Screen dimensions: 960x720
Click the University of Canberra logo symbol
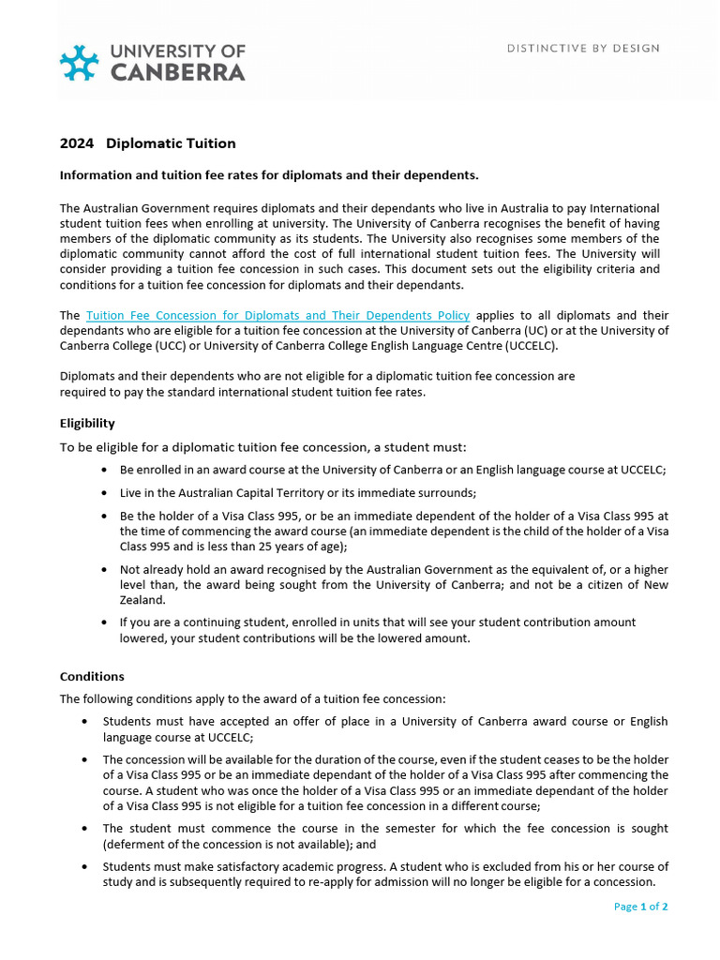pyautogui.click(x=79, y=62)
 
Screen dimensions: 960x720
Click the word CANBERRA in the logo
pyautogui.click(x=178, y=72)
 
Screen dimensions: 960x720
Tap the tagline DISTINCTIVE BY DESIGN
pyautogui.click(x=583, y=48)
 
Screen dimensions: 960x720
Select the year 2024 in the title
pyautogui.click(x=77, y=143)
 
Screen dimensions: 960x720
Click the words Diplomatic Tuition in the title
pyautogui.click(x=171, y=143)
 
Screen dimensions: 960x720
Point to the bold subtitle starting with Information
pyautogui.click(x=269, y=175)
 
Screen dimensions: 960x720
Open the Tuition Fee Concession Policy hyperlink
pyautogui.click(x=277, y=316)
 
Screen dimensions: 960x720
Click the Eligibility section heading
pyautogui.click(x=87, y=424)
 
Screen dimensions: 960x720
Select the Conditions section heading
pyautogui.click(x=92, y=676)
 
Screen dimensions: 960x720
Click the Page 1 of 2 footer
pyautogui.click(x=640, y=907)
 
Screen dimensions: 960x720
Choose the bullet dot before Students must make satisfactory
pyautogui.click(x=85, y=867)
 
